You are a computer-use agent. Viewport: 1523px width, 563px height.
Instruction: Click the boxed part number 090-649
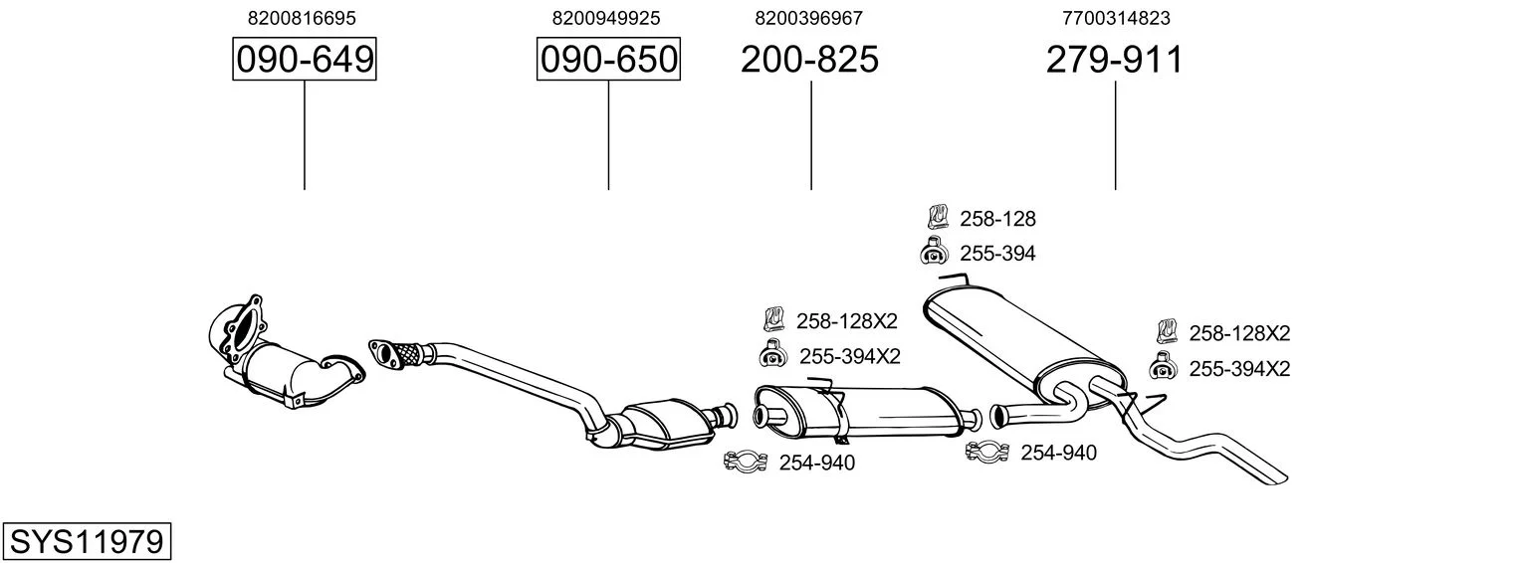(x=304, y=59)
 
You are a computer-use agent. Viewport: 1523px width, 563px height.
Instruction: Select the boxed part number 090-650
(x=608, y=59)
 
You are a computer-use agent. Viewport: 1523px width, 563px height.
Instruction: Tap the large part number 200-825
(x=809, y=59)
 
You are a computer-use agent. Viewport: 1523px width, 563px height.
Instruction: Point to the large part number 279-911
(x=1114, y=59)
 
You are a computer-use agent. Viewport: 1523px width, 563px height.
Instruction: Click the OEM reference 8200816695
(x=302, y=18)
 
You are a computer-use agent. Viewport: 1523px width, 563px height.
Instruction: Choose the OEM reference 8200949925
(x=606, y=18)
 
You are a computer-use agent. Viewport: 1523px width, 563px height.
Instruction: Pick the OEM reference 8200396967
(x=808, y=18)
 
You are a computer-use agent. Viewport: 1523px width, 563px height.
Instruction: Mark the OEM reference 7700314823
(x=1116, y=18)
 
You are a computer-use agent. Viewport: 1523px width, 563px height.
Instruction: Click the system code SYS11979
(x=87, y=542)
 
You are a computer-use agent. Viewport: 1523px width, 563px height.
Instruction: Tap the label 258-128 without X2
(x=997, y=219)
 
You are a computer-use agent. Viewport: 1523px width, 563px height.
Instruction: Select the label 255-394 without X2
(x=997, y=254)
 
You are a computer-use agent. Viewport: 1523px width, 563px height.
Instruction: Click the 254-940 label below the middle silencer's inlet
(x=816, y=463)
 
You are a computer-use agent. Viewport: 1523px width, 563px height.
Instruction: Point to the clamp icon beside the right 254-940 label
(x=987, y=452)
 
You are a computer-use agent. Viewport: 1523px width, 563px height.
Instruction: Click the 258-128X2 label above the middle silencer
(x=846, y=320)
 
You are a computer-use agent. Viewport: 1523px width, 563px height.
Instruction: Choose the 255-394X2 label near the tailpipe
(x=1238, y=369)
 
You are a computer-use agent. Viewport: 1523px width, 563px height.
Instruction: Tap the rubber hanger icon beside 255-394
(x=934, y=252)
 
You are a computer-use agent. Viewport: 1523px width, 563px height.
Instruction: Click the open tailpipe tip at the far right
(x=1278, y=478)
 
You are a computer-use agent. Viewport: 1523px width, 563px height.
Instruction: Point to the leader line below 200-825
(x=810, y=135)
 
